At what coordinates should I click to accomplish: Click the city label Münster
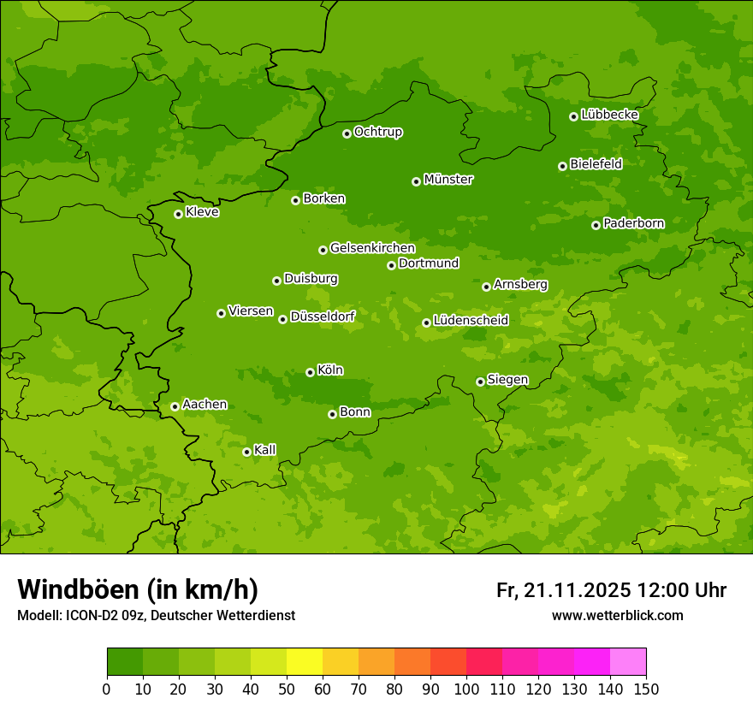click(448, 180)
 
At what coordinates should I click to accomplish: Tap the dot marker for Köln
click(310, 372)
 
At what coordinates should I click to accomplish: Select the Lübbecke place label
click(609, 115)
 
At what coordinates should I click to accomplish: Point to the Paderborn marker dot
click(596, 225)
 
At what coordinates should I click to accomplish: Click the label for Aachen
click(205, 405)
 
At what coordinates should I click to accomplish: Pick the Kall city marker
click(246, 452)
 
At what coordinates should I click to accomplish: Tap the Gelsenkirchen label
click(372, 248)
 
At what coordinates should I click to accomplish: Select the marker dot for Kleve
click(178, 214)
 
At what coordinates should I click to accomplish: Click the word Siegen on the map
click(507, 380)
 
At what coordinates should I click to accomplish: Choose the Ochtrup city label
click(377, 132)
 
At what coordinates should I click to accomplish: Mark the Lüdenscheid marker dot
click(426, 322)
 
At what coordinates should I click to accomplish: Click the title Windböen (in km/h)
click(138, 590)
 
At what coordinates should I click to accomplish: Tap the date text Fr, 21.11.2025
click(563, 590)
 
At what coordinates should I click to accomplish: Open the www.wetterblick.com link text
click(617, 615)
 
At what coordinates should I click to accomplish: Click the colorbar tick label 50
click(287, 689)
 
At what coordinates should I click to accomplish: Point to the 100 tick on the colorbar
click(466, 689)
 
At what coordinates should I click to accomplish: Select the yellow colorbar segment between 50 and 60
click(305, 662)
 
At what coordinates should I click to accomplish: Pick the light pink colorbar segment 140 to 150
click(628, 662)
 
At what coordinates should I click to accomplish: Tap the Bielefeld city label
click(596, 164)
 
